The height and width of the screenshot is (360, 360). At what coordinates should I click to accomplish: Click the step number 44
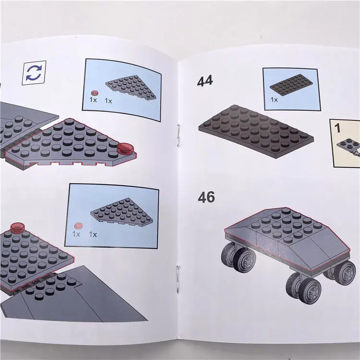tap(205, 81)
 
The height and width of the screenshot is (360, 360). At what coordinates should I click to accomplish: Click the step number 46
tap(206, 197)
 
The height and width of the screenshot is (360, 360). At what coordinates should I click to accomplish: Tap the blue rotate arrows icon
tap(34, 73)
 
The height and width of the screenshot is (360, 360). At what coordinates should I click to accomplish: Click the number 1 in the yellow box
tap(337, 128)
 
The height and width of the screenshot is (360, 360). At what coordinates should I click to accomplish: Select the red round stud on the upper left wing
tap(125, 150)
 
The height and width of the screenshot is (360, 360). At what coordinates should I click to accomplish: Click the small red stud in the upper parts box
tap(95, 92)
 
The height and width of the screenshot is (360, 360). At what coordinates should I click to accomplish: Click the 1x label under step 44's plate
tap(274, 100)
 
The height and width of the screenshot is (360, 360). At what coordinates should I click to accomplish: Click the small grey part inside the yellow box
tap(348, 144)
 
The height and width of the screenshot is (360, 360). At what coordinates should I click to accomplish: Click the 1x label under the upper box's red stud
tap(93, 100)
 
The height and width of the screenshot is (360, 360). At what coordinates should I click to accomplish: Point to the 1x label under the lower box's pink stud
tap(76, 234)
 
